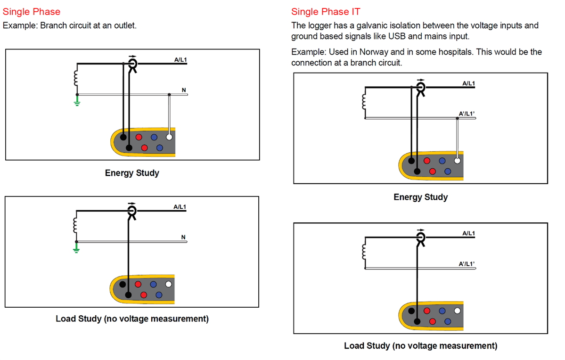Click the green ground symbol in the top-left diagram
tap(77, 100)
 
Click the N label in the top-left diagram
tap(184, 90)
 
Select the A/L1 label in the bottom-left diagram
tap(180, 206)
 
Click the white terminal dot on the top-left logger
tap(169, 137)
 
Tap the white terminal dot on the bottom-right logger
tap(457, 311)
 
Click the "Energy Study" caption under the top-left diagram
tap(132, 173)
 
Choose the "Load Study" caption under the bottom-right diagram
tap(420, 346)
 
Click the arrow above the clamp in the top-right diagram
tap(421, 80)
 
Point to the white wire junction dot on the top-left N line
tap(169, 95)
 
